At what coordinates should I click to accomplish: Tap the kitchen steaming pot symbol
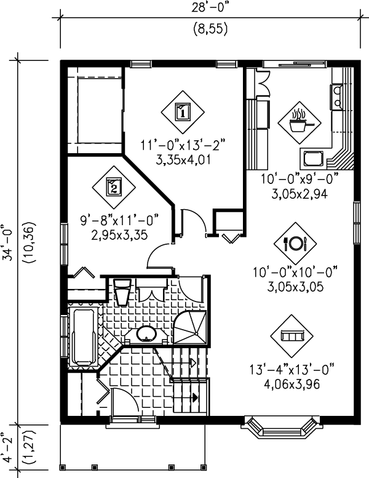[x=298, y=121]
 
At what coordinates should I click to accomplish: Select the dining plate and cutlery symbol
[x=295, y=242]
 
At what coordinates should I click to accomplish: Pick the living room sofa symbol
[x=291, y=336]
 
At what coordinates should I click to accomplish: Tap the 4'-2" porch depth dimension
[x=8, y=451]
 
